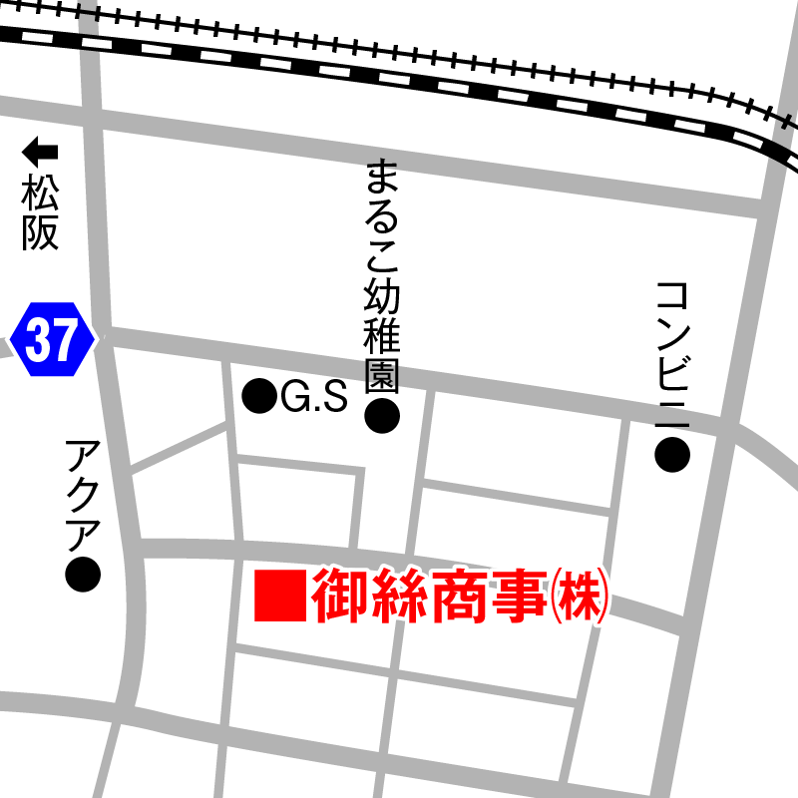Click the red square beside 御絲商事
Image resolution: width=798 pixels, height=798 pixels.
coord(278,596)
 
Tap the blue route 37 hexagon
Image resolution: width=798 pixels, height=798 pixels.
coord(51,341)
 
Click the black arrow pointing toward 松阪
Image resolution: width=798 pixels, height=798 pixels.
coord(41,153)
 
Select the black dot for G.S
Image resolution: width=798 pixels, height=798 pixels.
coord(260,397)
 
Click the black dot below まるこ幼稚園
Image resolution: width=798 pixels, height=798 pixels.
coord(382,417)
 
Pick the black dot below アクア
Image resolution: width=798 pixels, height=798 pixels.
coord(83,574)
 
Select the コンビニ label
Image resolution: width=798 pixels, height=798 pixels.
coord(673,354)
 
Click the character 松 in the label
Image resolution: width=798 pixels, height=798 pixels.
coord(41,191)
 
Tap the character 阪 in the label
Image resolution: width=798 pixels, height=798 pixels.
coord(41,232)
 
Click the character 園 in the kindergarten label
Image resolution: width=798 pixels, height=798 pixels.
coord(382,375)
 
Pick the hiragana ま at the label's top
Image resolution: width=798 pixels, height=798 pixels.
coord(382,178)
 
